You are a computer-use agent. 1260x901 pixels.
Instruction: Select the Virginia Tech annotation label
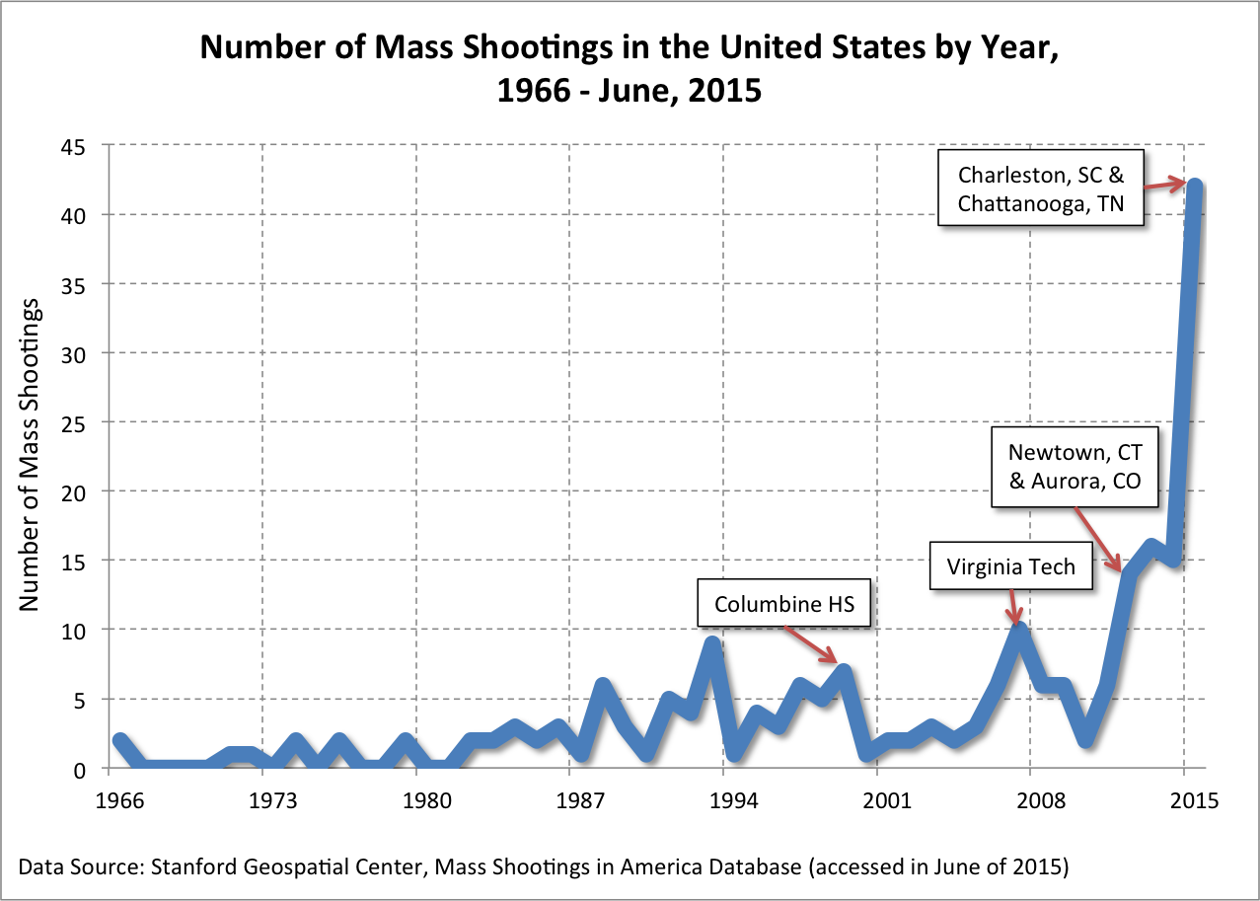[1012, 567]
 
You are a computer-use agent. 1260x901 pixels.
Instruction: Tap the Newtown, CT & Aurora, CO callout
[1075, 467]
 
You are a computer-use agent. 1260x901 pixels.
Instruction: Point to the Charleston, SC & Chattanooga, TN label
[1041, 188]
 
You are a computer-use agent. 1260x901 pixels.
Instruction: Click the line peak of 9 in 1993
[711, 644]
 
